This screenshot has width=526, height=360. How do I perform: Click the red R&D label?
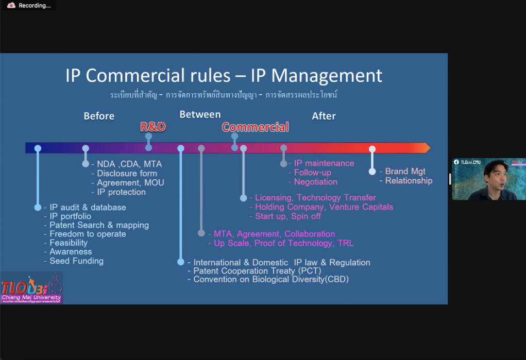[154, 127]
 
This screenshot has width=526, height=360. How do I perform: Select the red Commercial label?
[256, 127]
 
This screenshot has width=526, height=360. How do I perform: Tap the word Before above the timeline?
[99, 116]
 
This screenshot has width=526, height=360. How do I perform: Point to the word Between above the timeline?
[200, 114]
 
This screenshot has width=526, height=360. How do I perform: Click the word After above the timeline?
[324, 116]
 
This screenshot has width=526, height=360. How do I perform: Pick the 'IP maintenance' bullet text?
[324, 163]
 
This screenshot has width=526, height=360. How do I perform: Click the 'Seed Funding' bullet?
[76, 261]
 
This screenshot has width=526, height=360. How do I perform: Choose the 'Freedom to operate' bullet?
[88, 234]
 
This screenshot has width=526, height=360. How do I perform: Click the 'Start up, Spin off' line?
[288, 216]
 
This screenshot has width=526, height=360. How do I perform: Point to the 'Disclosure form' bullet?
[127, 174]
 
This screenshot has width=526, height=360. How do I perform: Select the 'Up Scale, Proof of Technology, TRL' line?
[283, 243]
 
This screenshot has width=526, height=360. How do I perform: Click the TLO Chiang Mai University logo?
[31, 288]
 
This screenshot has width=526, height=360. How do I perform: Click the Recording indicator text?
[35, 6]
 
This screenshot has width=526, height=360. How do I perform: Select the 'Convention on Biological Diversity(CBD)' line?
[271, 280]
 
